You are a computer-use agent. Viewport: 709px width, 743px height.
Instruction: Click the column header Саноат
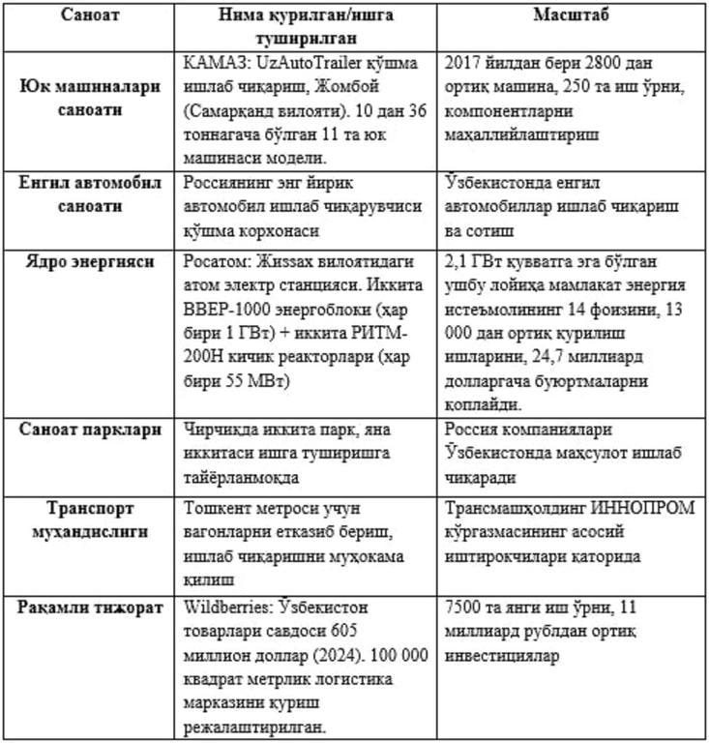click(x=91, y=16)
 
